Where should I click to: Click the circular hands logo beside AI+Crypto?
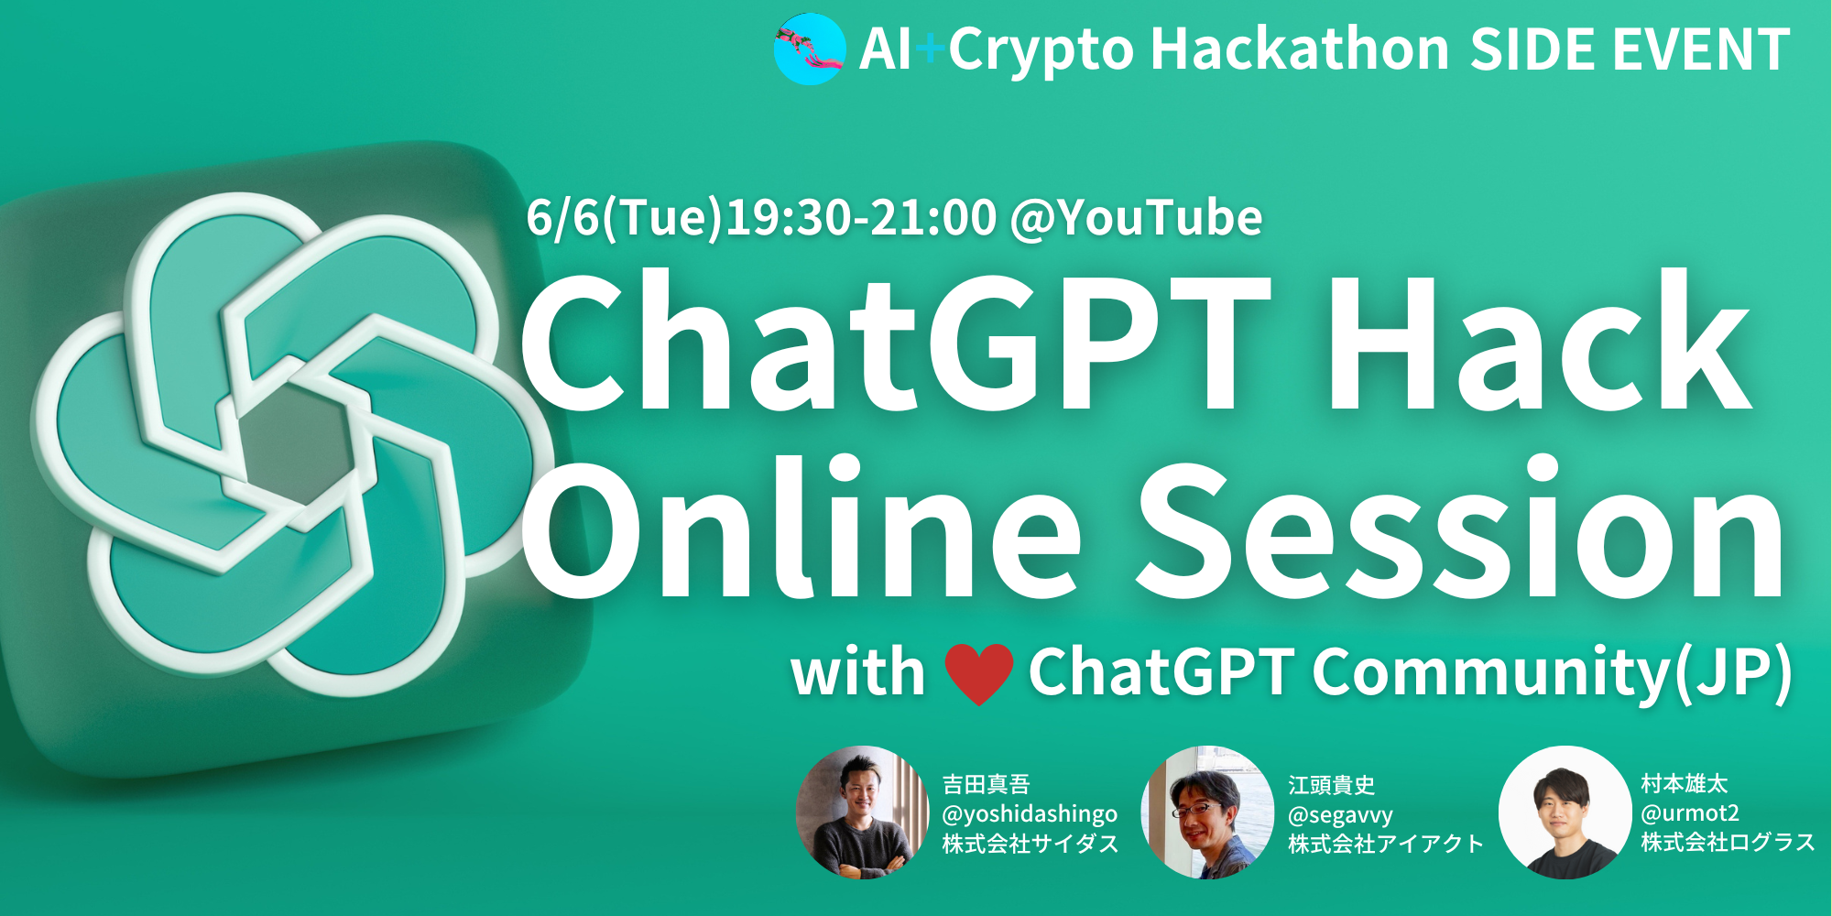click(x=810, y=49)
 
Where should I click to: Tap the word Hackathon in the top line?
click(x=1300, y=49)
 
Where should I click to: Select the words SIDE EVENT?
click(x=1630, y=49)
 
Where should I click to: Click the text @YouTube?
click(x=1136, y=218)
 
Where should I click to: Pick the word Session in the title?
click(x=1460, y=527)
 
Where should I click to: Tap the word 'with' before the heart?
click(x=858, y=672)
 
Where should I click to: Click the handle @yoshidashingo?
click(x=1030, y=814)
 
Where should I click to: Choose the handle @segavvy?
click(x=1340, y=815)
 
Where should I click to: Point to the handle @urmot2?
click(x=1690, y=812)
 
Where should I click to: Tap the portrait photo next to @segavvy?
click(x=1208, y=812)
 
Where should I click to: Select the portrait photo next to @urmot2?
click(x=1565, y=812)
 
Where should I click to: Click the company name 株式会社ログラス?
click(x=1728, y=843)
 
